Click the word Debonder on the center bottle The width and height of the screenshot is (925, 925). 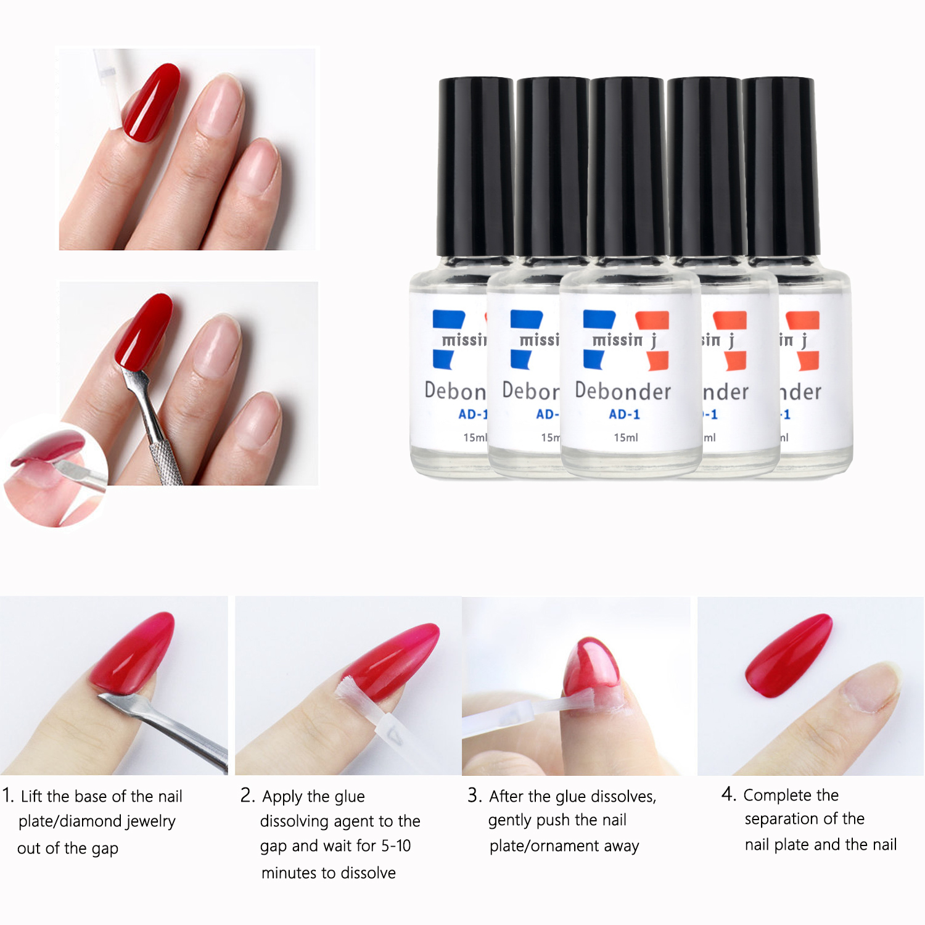pos(623,392)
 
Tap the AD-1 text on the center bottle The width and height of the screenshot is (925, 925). pos(624,414)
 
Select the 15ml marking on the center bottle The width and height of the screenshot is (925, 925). pos(625,437)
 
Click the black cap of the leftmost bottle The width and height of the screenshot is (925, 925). pos(475,166)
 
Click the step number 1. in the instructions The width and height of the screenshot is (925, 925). pos(8,795)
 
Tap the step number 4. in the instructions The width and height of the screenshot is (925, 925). pos(729,794)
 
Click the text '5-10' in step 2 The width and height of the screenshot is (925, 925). pos(396,845)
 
